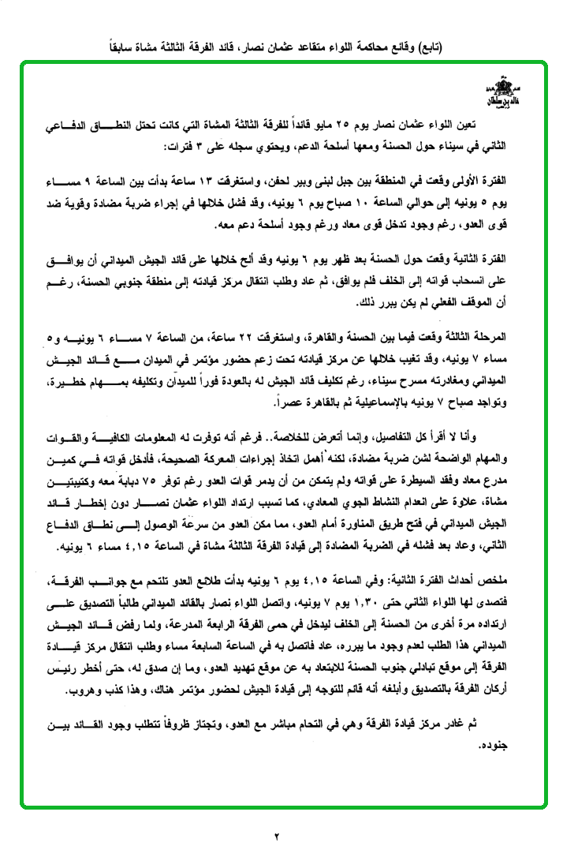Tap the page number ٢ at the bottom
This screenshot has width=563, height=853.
[278, 836]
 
